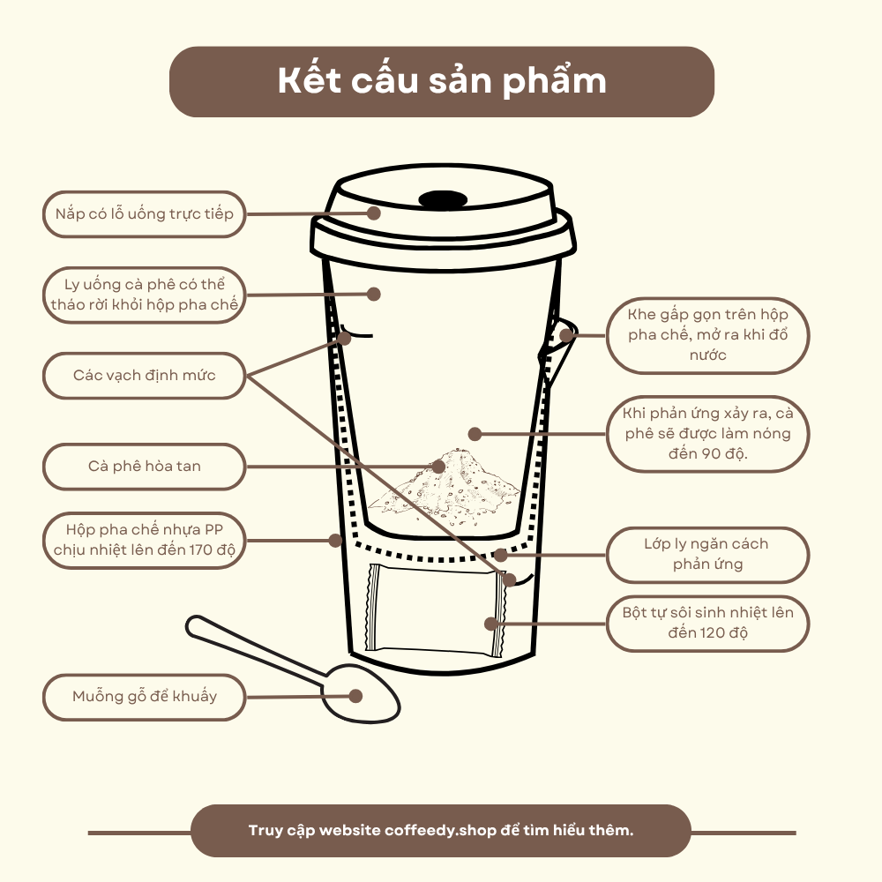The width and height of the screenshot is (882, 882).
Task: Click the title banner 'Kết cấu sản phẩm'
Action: [442, 81]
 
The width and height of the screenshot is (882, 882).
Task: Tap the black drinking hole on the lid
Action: [443, 199]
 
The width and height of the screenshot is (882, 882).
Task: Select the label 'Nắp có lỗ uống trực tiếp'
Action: [144, 213]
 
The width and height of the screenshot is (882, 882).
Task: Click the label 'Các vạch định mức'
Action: [144, 375]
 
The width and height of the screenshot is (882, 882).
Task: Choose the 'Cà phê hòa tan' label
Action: [144, 467]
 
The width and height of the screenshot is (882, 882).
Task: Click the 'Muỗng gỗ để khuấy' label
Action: [144, 697]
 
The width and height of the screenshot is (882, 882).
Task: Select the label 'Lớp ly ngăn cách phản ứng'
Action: [707, 554]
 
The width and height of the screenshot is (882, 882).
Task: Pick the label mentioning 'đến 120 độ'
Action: [707, 624]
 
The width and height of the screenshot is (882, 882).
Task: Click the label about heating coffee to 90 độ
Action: [707, 434]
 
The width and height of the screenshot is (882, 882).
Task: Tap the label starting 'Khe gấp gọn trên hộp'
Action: [707, 335]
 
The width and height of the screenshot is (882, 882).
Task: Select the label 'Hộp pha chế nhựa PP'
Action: [144, 540]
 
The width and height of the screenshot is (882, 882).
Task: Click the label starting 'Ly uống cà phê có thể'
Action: [144, 295]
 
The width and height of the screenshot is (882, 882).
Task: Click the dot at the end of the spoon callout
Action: [355, 696]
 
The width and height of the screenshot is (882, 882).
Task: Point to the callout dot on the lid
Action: [374, 213]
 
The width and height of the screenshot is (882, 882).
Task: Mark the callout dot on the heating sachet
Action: [491, 624]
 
